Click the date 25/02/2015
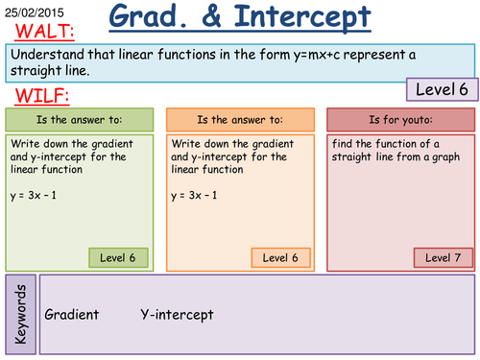click(31, 9)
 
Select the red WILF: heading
click(38, 96)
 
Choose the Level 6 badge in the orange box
click(280, 257)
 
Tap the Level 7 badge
click(444, 257)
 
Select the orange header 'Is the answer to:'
click(240, 120)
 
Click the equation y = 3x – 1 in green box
click(36, 195)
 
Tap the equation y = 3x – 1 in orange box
click(198, 195)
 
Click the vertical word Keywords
click(21, 314)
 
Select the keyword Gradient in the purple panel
click(73, 315)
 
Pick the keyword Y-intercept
click(177, 315)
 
